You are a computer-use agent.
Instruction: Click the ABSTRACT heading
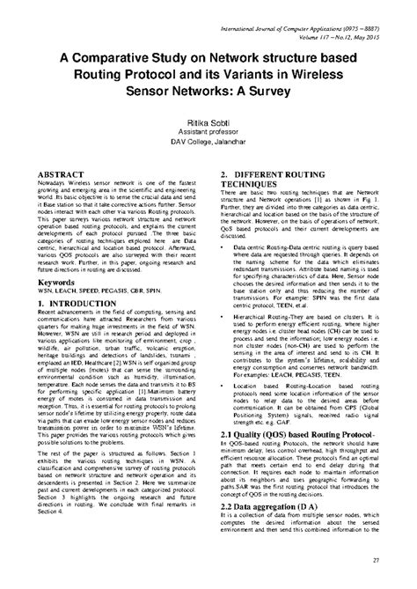[x=56, y=177]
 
